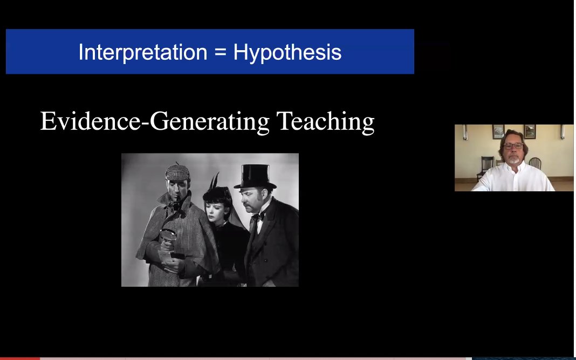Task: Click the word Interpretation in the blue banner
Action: (142, 52)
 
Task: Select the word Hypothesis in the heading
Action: (287, 53)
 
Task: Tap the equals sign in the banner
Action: (220, 53)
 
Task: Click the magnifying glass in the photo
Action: (168, 236)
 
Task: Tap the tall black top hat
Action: (255, 176)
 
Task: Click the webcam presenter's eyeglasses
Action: (513, 146)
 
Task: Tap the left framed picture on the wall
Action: (498, 131)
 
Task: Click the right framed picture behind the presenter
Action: (530, 131)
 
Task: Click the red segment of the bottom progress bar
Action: (19, 358)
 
